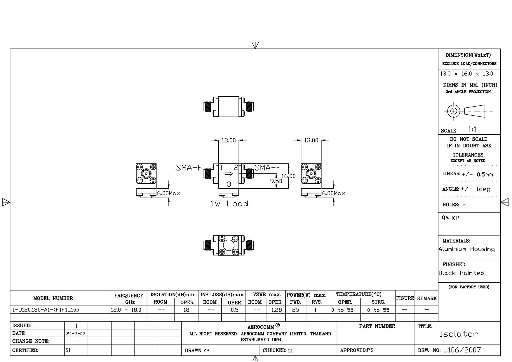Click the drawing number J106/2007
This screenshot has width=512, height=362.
[462, 350]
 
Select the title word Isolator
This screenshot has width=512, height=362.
[459, 334]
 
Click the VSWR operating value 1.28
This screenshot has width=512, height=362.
[276, 310]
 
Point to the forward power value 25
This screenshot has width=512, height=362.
[295, 310]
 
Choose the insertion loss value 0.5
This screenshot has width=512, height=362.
[234, 310]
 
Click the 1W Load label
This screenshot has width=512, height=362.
[229, 204]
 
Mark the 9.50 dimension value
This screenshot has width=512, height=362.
[276, 181]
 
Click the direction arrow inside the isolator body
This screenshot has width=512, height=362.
[229, 174]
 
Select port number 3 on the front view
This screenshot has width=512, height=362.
[229, 184]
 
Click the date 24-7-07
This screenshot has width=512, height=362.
[76, 333]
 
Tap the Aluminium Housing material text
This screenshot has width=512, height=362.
[467, 249]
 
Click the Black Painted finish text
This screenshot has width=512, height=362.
[462, 273]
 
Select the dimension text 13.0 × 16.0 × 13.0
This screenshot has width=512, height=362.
[467, 74]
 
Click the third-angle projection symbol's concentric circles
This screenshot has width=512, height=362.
[454, 111]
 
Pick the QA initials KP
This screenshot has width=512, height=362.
[455, 218]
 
